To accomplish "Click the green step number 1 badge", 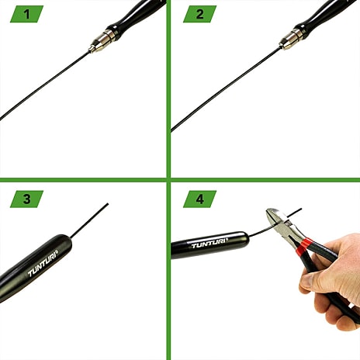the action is [x=26, y=14].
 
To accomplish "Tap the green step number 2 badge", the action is [x=199, y=14].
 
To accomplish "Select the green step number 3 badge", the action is [x=26, y=199].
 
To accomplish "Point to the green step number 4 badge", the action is [x=199, y=199].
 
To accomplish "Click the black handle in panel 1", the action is [x=137, y=18].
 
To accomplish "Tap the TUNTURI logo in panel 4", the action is [x=210, y=243].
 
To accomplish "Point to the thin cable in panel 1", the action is [x=44, y=86].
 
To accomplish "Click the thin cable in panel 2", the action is [x=226, y=89].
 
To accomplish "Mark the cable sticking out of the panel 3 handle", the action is [x=89, y=220].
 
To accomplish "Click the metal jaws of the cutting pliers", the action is [x=280, y=223].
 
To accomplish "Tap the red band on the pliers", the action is [x=303, y=247].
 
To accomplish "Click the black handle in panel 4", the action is [x=210, y=244].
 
